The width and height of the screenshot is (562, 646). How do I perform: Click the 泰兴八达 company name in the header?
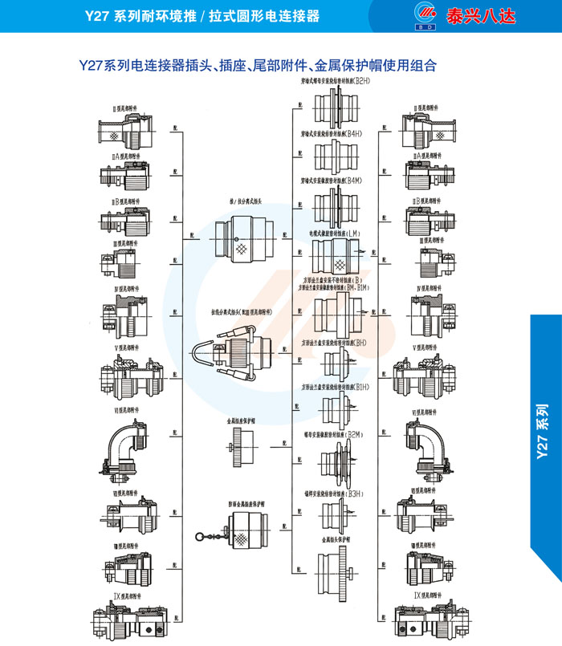click(x=503, y=15)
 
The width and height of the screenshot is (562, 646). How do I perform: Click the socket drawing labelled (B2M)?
click(x=332, y=461)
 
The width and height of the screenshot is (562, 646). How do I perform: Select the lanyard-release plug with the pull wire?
click(x=238, y=351)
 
